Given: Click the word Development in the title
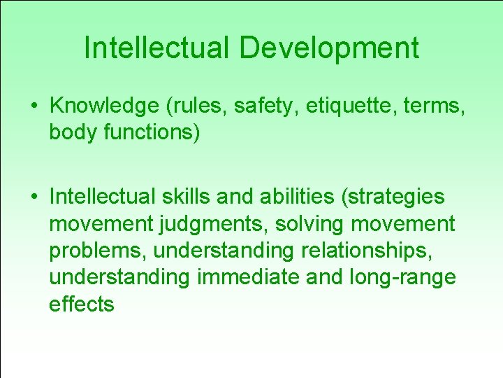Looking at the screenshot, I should [330, 48].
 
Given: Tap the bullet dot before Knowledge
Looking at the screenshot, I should [34, 107].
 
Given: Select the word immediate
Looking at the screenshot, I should [245, 277].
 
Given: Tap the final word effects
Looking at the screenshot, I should [81, 304].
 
